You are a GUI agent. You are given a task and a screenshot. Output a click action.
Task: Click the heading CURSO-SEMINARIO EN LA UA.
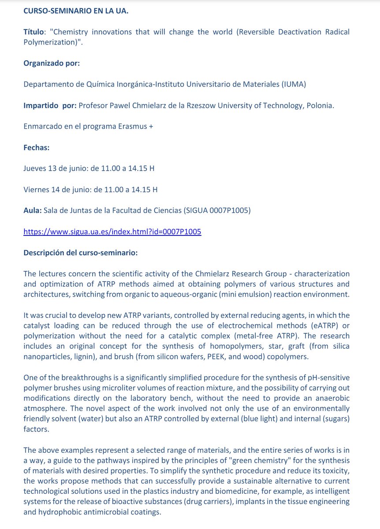[x=76, y=11]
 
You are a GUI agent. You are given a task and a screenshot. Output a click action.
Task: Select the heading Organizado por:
[x=52, y=63]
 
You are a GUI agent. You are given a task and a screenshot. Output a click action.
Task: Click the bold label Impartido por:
[x=50, y=106]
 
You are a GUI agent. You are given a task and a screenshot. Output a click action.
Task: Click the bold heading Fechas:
[x=36, y=148]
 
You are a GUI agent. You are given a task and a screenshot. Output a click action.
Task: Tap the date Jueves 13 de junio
[x=55, y=168]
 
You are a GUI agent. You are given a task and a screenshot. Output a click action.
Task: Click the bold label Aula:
[x=33, y=211]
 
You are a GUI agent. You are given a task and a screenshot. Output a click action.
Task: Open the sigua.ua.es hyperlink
[x=112, y=232]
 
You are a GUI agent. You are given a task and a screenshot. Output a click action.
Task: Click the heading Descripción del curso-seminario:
[x=80, y=253]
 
